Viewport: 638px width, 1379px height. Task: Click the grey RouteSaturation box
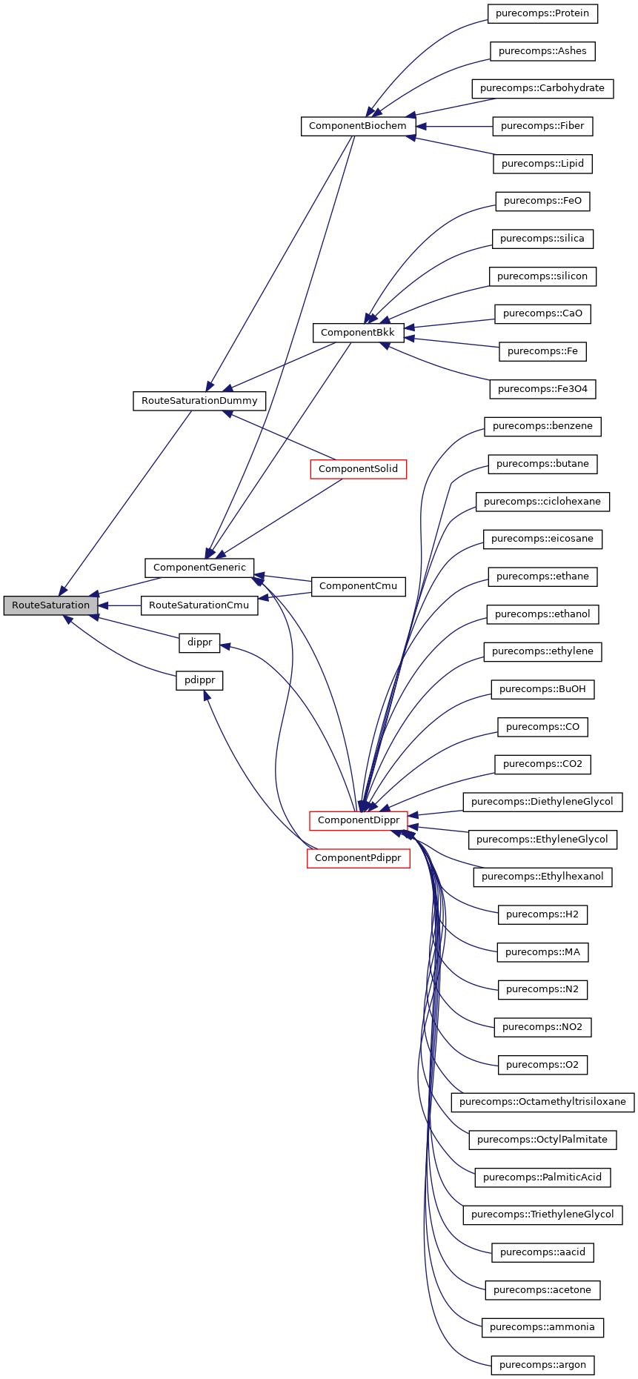50,605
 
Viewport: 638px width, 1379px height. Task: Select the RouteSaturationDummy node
199,401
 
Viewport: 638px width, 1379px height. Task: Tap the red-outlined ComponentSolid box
358,469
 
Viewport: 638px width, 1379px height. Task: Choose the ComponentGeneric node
199,568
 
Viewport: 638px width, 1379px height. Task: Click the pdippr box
199,680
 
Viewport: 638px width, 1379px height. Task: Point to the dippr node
199,642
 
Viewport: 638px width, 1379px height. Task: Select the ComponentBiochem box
357,126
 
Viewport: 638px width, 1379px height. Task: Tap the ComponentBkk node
357,333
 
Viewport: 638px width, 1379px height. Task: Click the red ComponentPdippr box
358,858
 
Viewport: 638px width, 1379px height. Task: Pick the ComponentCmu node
358,586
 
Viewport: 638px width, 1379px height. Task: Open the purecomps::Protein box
542,13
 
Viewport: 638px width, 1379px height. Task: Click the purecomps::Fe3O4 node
542,389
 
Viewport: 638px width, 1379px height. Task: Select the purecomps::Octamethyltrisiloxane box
542,1102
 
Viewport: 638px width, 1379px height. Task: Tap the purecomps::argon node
542,1365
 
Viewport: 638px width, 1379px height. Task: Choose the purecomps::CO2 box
542,764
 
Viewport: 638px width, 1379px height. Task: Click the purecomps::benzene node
542,426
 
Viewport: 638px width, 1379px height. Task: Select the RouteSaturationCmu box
199,605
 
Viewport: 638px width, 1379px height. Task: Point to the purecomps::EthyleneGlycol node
542,840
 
